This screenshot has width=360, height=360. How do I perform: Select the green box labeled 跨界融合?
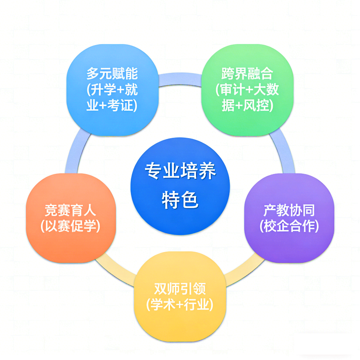(x=247, y=90)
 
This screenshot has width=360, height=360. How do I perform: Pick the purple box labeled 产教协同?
(x=289, y=218)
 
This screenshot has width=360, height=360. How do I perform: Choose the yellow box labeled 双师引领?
(x=180, y=296)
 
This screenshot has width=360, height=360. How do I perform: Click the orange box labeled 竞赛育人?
(x=71, y=218)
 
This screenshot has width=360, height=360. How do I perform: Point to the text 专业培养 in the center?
(x=180, y=171)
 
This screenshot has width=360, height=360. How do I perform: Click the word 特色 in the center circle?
(x=180, y=201)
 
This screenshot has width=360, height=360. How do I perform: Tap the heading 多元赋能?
(x=112, y=74)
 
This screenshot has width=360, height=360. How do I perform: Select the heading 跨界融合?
(x=247, y=74)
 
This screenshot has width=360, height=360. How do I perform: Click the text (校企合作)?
(x=289, y=226)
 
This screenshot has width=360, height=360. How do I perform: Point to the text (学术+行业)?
(x=180, y=305)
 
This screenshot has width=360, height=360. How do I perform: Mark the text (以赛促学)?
(x=71, y=226)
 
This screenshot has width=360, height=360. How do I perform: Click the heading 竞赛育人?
(x=71, y=211)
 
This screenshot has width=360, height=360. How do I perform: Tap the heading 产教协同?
(x=289, y=211)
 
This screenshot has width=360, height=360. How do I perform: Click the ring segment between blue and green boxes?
(x=180, y=76)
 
